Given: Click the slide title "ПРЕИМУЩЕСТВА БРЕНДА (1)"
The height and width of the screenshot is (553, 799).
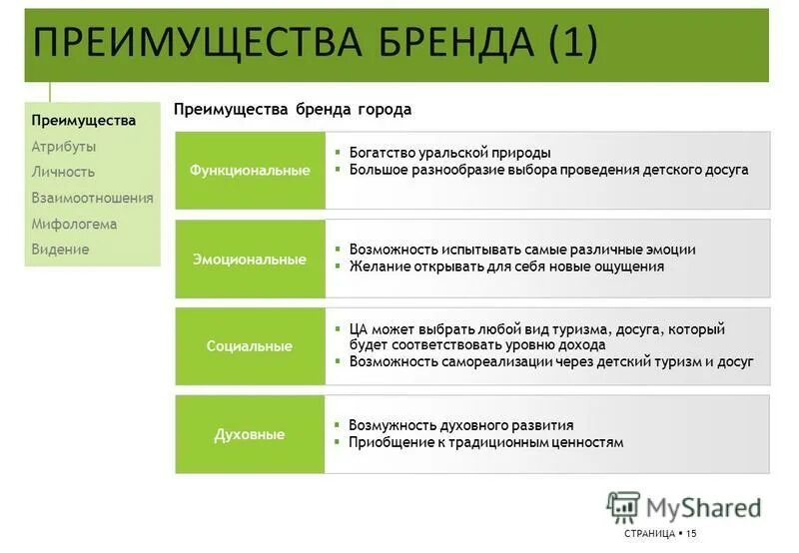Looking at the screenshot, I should click(316, 43).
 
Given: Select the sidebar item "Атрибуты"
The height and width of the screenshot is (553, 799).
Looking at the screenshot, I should click(64, 146).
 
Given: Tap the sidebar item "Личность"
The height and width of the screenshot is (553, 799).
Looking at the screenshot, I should click(63, 172).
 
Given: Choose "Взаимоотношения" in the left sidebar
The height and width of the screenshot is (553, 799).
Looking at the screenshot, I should click(92, 198).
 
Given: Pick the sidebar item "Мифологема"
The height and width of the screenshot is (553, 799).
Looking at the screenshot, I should click(74, 224).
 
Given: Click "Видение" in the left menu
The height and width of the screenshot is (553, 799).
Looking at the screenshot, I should click(60, 250).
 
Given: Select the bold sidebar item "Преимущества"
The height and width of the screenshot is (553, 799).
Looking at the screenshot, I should click(83, 120).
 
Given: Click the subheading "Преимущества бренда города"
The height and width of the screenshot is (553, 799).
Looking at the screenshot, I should click(293, 109).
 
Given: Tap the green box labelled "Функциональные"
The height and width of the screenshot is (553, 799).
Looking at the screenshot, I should click(250, 171).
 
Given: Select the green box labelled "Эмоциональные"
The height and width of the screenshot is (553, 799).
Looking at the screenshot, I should click(250, 259).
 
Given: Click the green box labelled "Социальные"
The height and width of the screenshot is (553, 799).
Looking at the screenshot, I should click(250, 346).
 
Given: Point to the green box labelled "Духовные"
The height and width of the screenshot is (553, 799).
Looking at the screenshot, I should click(250, 434).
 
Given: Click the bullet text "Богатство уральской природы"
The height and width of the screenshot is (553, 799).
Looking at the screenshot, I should click(449, 153).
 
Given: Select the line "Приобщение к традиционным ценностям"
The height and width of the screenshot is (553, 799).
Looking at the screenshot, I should click(486, 442).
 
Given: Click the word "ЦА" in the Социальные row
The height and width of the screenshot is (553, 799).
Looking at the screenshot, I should click(359, 328).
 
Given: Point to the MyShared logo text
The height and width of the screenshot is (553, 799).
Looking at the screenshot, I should click(703, 507).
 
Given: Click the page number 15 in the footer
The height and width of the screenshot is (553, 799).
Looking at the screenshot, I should click(691, 534).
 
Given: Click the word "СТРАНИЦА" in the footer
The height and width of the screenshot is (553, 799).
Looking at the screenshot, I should click(648, 534).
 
